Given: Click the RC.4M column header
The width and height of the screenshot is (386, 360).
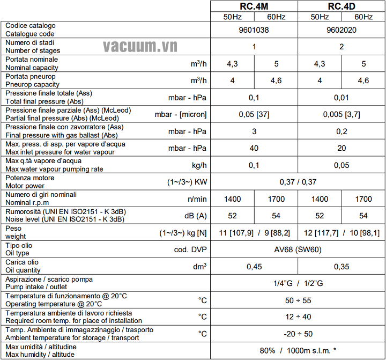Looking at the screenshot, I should (x=254, y=6).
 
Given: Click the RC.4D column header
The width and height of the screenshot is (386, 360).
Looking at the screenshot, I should (x=342, y=6).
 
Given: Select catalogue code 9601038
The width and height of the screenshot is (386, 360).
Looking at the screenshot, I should (x=254, y=30).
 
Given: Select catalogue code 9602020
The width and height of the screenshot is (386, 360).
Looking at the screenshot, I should (x=342, y=30).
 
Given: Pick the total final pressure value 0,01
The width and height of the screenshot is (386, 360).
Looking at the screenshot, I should (x=342, y=98).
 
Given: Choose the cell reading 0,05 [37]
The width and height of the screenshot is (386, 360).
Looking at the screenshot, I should (x=254, y=114).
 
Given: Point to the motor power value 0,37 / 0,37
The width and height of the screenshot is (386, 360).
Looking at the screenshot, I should (x=298, y=182).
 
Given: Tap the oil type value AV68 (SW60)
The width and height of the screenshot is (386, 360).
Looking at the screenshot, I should (x=298, y=249).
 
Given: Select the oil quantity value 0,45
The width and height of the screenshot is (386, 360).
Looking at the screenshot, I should (x=254, y=266).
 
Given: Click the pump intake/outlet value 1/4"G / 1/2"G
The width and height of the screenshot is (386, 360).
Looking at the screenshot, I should (x=298, y=283).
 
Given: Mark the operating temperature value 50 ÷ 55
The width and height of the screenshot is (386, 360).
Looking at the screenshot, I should (x=298, y=300).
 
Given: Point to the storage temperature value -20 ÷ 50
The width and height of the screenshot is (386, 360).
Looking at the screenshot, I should (x=298, y=334).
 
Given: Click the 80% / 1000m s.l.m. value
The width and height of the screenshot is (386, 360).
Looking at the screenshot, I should (x=298, y=350).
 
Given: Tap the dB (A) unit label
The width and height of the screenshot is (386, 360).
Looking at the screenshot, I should (x=195, y=216).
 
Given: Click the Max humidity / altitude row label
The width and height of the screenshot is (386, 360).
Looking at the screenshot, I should (x=40, y=354).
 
